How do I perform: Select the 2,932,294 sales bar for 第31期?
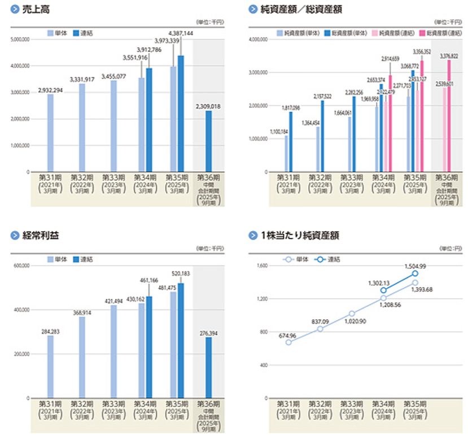[x=51, y=133]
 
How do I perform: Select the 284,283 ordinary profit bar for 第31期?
[x=51, y=367]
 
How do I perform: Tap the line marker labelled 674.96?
[x=288, y=342]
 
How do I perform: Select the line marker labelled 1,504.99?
[x=415, y=273]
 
